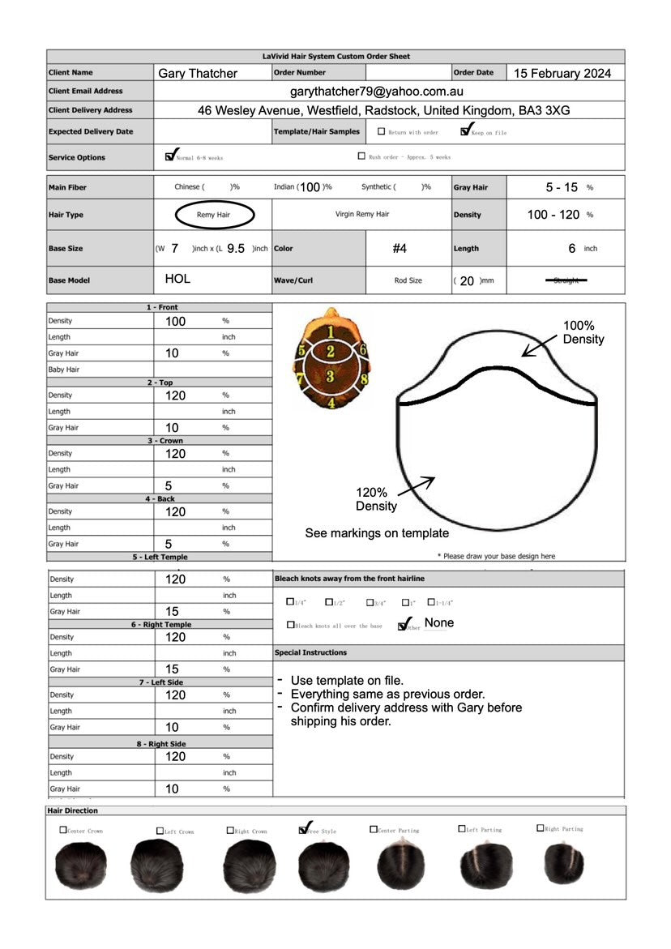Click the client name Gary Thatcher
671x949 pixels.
198,74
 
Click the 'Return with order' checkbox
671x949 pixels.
382,131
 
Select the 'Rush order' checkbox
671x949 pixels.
361,156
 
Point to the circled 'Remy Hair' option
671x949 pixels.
214,215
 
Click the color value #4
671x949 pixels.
400,249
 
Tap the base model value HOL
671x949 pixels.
177,279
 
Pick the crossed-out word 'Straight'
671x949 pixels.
566,280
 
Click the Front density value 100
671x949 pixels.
175,321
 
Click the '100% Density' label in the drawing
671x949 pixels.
583,332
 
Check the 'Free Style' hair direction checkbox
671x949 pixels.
303,829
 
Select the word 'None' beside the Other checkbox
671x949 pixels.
439,622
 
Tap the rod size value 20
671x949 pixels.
467,281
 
